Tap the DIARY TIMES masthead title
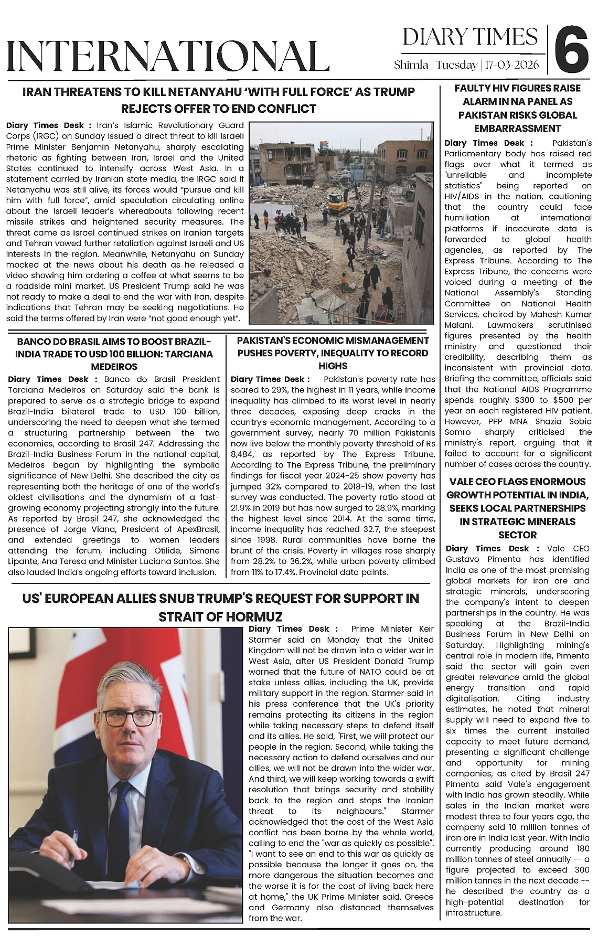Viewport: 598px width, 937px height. point(470,37)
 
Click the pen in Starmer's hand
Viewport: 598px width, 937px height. point(77,840)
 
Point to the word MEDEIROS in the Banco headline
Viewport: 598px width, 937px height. point(114,366)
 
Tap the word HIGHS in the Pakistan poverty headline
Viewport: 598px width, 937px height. point(333,366)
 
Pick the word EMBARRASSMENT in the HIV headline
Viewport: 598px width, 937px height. point(518,129)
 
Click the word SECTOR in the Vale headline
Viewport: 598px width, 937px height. point(518,535)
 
